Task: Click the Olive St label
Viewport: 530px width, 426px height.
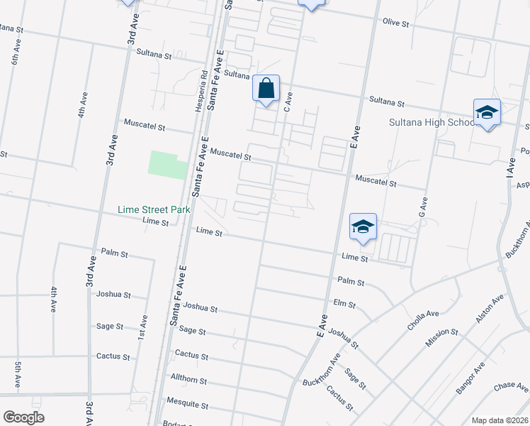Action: coord(396,23)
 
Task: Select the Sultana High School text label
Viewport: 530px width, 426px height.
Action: coord(432,122)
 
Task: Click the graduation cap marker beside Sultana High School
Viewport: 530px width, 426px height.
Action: coord(487,112)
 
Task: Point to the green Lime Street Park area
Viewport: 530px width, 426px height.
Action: coord(167,164)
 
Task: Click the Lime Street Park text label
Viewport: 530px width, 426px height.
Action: coord(154,210)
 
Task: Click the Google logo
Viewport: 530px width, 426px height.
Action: coord(23,417)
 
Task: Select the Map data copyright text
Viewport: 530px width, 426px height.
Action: coord(499,420)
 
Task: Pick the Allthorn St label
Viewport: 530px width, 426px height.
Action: coord(188,381)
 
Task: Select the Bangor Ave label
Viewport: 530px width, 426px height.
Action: coord(470,378)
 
